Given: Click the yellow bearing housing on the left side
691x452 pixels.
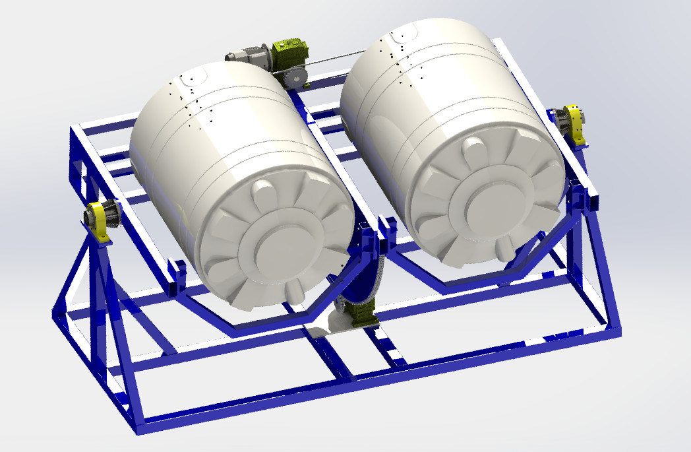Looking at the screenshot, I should click(99, 220).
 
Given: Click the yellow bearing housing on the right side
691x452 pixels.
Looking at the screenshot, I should click(576, 123).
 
